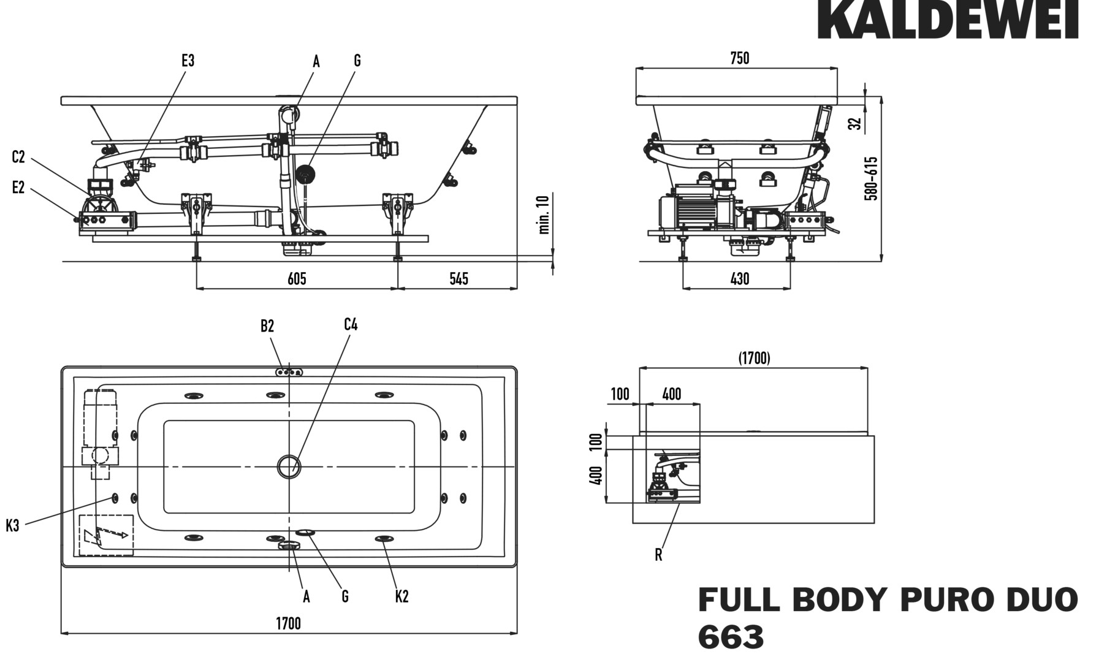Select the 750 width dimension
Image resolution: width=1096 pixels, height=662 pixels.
(x=739, y=58)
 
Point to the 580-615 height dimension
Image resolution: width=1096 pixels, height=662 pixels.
(x=871, y=178)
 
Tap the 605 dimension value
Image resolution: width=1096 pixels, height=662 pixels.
(x=297, y=279)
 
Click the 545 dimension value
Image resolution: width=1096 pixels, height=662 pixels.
(x=459, y=279)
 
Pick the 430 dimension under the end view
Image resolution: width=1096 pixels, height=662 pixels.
(x=739, y=279)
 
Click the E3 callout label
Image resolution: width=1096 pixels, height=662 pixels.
(x=188, y=61)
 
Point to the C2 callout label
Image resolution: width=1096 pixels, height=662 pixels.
(x=18, y=157)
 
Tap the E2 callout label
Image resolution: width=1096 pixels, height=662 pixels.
(x=18, y=188)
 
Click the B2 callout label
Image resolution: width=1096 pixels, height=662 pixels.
(x=267, y=326)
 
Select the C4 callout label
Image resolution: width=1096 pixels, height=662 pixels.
(x=351, y=324)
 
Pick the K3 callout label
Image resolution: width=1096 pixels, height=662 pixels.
(x=13, y=525)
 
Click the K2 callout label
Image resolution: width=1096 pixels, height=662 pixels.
(x=401, y=596)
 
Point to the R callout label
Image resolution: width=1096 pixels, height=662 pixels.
(x=658, y=555)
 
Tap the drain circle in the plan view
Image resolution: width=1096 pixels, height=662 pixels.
(x=288, y=467)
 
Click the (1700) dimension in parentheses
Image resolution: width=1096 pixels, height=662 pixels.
(x=753, y=358)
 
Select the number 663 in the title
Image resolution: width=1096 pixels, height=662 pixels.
(x=731, y=637)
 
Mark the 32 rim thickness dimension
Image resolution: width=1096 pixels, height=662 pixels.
(x=856, y=123)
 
